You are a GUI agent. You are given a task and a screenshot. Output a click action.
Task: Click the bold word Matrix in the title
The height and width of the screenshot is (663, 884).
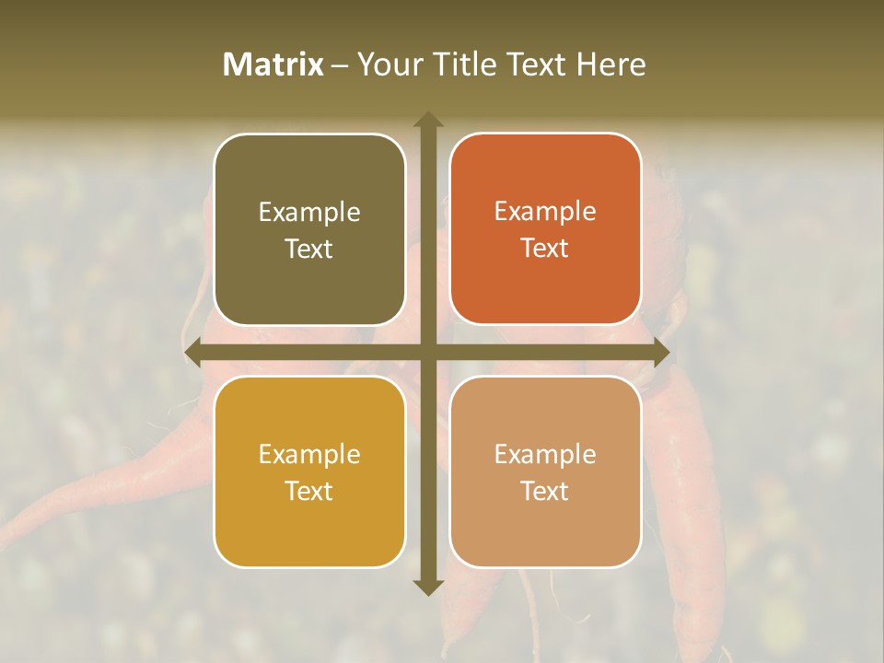tap(273, 64)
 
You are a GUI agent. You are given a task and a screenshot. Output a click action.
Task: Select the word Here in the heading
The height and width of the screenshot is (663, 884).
tap(611, 64)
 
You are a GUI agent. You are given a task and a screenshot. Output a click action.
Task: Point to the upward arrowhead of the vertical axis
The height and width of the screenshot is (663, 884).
tap(427, 120)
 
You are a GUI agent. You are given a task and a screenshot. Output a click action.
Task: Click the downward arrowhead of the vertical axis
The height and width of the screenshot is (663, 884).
tap(427, 587)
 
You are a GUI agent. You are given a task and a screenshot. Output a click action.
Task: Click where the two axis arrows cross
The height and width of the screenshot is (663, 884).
tap(427, 353)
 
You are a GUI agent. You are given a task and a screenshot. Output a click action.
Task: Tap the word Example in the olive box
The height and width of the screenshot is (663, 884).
tap(309, 213)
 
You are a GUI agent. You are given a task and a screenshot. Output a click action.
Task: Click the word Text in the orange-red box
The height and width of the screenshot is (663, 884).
tap(545, 249)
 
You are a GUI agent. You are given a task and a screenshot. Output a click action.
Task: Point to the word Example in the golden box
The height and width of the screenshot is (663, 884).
tap(309, 455)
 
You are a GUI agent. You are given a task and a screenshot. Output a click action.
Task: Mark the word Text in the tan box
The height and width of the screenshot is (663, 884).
tap(545, 491)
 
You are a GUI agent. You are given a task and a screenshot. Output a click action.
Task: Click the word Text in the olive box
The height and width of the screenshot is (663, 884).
tap(309, 250)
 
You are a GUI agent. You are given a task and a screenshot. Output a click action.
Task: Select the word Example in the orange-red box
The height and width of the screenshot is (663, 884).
tap(545, 212)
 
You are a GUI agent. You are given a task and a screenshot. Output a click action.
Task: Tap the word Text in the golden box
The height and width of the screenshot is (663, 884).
tap(309, 491)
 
